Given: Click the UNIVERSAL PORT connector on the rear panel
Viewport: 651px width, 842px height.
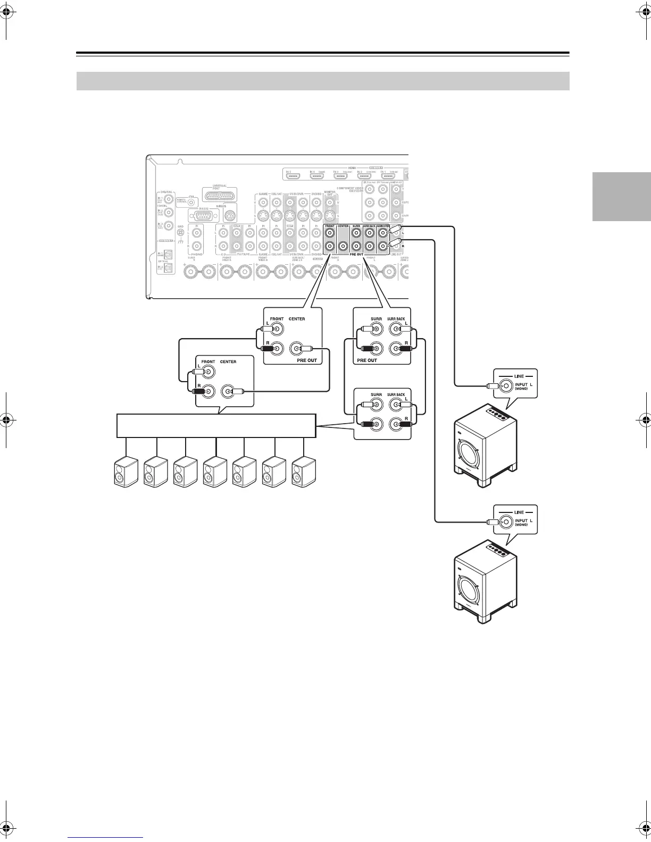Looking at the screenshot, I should point(220,195).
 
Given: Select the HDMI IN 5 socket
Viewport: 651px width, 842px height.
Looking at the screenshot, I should point(293,175).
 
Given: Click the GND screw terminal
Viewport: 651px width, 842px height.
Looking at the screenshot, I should point(180,233).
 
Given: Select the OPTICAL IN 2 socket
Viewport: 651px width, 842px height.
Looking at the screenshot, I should point(169,269).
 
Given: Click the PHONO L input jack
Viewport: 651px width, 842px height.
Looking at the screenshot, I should point(197,232).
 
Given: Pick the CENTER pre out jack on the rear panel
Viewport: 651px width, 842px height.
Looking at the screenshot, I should point(343,246).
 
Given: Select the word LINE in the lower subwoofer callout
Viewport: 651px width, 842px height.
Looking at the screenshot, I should point(519,512).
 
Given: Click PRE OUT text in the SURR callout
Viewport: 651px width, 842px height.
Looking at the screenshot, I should point(367,360).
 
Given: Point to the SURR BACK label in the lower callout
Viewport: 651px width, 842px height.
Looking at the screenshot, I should point(396,395).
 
